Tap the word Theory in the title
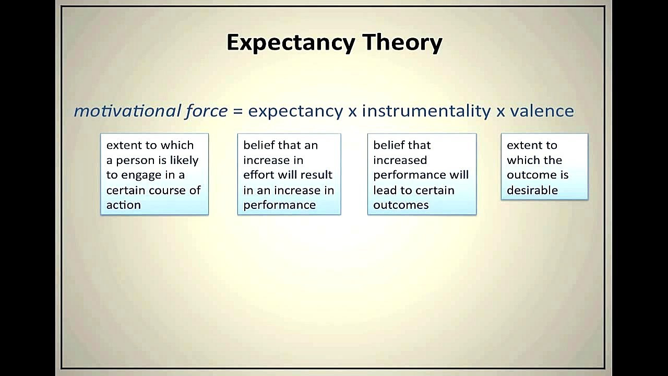402,43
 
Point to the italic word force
206,111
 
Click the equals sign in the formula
238,112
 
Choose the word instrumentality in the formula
426,112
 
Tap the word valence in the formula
542,111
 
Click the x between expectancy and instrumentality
352,112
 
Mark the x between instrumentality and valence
500,112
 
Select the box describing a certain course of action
154,174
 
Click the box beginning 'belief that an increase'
289,174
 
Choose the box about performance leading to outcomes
422,174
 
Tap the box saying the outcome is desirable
544,167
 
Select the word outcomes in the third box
401,205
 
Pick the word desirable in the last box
532,190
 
